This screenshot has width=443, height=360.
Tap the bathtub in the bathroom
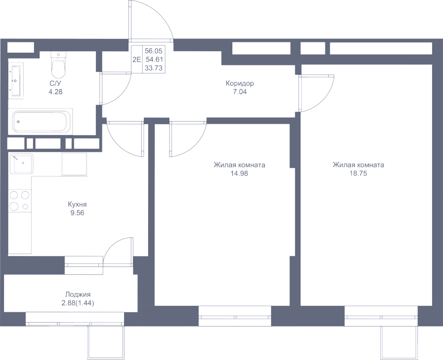[x=43, y=121]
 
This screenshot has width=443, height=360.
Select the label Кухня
[x=77, y=204]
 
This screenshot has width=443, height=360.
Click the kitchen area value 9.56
[x=77, y=212]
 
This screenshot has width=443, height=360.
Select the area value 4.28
[x=56, y=92]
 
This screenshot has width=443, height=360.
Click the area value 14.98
[x=239, y=173]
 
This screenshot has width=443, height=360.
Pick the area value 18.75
[x=358, y=173]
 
